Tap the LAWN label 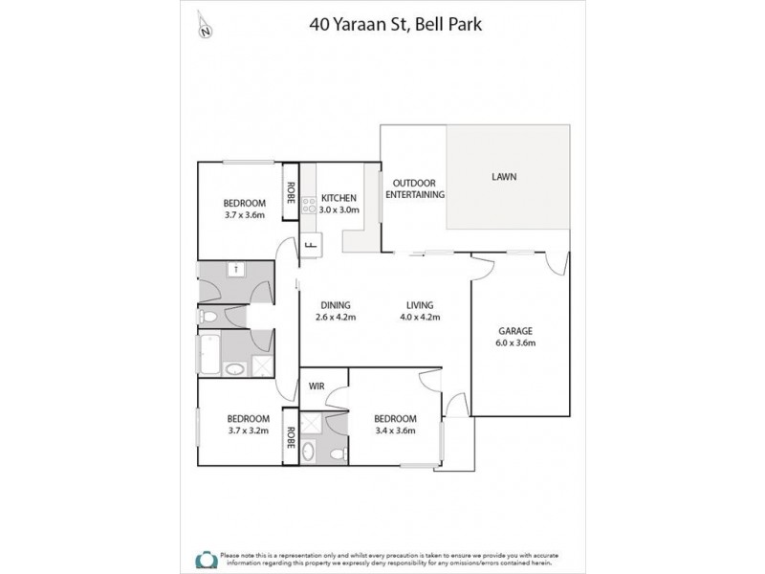(505, 177)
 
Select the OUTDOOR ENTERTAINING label (414, 188)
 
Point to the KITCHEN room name (339, 197)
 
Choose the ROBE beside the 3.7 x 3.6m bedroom (289, 194)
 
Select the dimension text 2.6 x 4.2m (335, 319)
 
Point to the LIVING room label (417, 306)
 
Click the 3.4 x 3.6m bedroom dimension (395, 431)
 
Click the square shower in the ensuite (312, 421)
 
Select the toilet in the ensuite (309, 451)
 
